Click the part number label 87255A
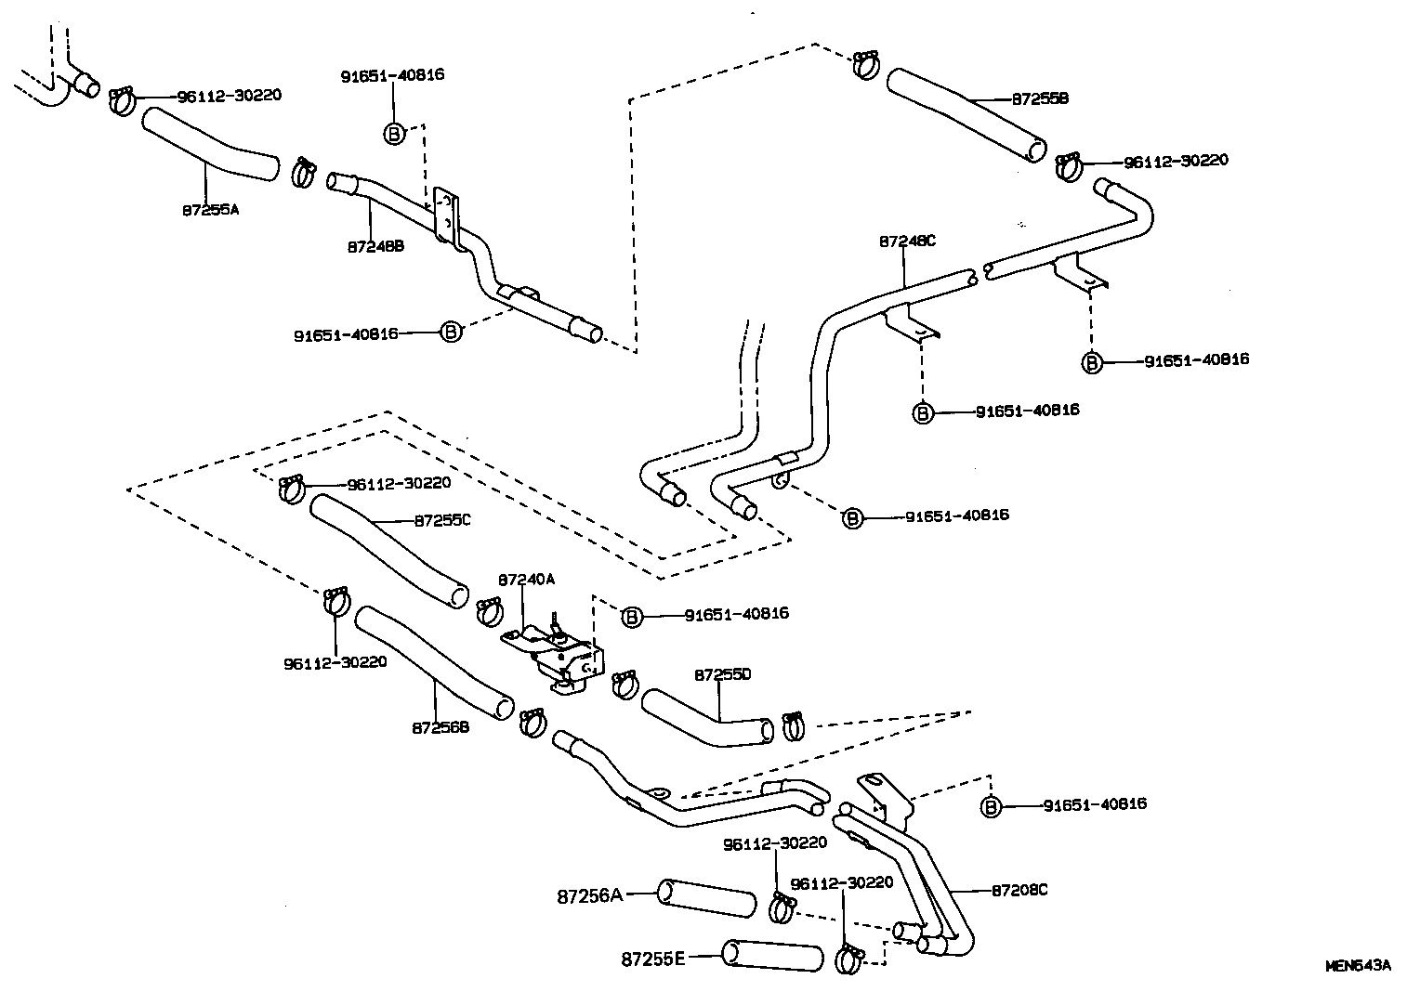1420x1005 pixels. coord(209,210)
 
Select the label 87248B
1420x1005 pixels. coord(375,247)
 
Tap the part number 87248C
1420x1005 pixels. coord(907,241)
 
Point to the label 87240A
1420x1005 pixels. coord(526,579)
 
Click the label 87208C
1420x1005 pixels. coord(1019,890)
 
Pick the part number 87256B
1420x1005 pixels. coord(440,727)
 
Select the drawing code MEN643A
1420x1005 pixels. coord(1358,965)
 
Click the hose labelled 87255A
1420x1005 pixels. coord(209,144)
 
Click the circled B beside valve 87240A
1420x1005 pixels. coord(632,616)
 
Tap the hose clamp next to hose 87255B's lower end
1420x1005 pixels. coord(1068,167)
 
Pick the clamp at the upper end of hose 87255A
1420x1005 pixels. coord(123,100)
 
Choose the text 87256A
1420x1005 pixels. coord(589,895)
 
